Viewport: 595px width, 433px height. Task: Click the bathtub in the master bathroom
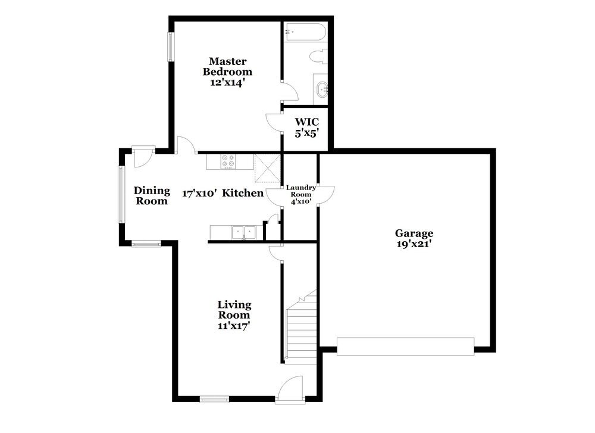pos(305,32)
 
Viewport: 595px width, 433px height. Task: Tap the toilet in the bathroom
pos(318,58)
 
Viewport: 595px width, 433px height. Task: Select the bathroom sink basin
pos(322,89)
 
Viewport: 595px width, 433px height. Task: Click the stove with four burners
pos(228,161)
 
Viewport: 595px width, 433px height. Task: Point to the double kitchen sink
pos(243,232)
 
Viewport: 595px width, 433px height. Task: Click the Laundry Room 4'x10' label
pos(300,194)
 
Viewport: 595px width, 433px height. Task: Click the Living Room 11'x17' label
pos(233,315)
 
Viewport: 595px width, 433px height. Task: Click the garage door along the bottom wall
pos(405,346)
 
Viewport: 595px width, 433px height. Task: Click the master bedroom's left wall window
pos(170,46)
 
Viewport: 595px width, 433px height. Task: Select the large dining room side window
pos(121,195)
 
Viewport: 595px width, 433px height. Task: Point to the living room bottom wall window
pos(214,400)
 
